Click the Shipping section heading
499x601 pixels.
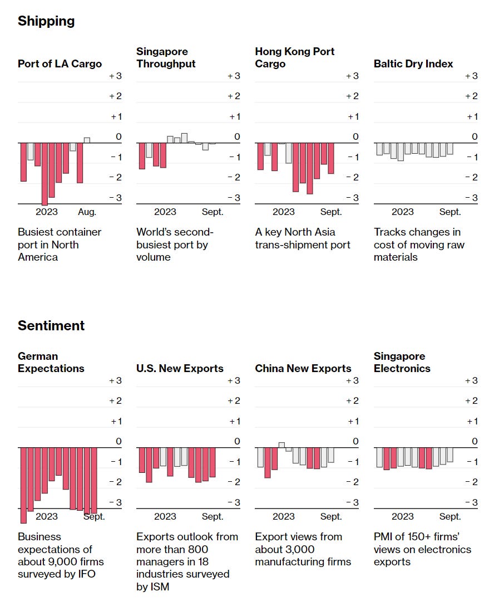(46, 21)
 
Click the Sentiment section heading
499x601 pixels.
(51, 326)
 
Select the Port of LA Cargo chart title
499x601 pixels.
(60, 64)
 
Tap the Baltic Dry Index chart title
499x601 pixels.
(413, 64)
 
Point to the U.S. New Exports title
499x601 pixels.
(180, 369)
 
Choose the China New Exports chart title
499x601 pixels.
(303, 369)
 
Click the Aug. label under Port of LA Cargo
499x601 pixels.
(87, 212)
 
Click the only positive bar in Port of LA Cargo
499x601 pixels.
(87, 140)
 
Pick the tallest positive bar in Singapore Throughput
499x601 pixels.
(184, 138)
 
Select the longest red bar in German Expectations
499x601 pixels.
(23, 485)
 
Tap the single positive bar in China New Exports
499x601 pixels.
(281, 445)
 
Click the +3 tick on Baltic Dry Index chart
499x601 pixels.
(471, 76)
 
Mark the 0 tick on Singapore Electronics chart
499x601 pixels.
(475, 442)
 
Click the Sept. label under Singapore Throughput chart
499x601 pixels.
(213, 212)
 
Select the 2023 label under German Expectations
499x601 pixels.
(47, 516)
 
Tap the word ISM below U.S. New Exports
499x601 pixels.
(160, 587)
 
